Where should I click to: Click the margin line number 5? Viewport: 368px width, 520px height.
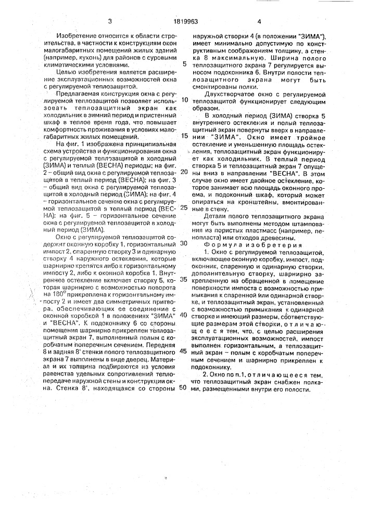185,65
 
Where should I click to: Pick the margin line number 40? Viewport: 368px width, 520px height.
184,315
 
